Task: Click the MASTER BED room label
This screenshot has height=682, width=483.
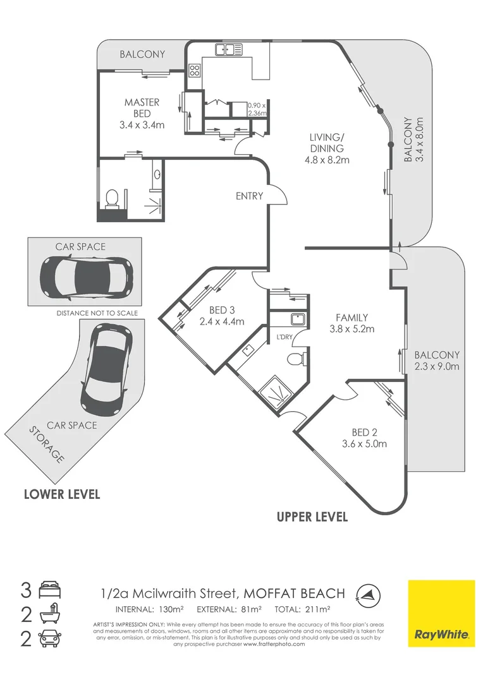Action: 142,107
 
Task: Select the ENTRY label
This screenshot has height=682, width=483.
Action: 248,196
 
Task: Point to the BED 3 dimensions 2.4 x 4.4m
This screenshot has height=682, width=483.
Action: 222,321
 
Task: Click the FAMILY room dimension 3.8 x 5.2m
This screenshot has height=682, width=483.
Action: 352,328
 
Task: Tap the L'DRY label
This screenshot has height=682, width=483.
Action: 283,337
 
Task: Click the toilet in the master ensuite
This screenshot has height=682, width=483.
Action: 113,198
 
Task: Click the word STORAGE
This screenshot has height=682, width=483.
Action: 46,445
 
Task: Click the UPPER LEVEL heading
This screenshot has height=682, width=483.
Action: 312,517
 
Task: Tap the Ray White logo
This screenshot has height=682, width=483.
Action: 441,613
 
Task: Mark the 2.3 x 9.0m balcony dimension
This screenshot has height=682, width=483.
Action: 437,366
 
